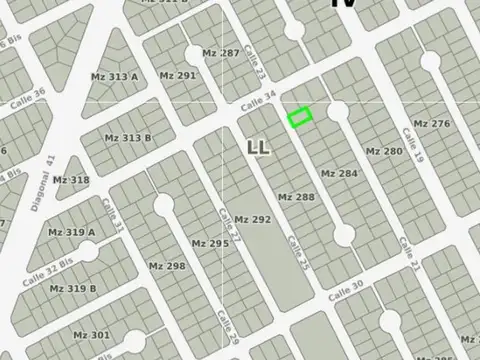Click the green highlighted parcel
point(300,117)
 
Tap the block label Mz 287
point(220,53)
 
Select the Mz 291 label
point(178,75)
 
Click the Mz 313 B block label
point(128,138)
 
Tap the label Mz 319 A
point(73,233)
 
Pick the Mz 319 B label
point(73,288)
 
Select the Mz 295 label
point(210,243)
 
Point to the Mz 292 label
point(252,219)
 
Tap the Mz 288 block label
point(296,197)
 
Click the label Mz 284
point(338,173)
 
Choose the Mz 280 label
point(384,151)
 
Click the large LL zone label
point(258,148)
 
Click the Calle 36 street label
point(28,101)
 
